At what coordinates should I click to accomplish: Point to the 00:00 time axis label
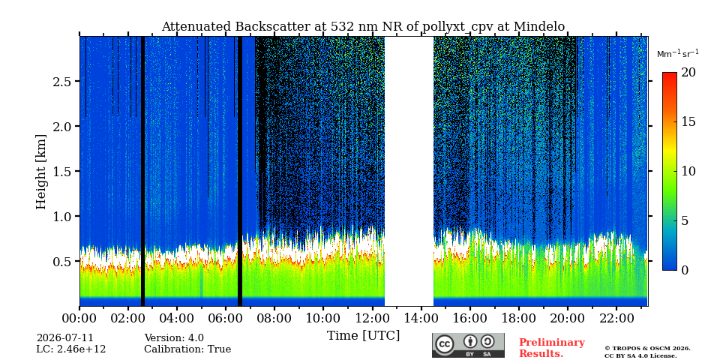pyautogui.click(x=80, y=318)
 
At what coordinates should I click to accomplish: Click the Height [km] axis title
pyautogui.click(x=41, y=172)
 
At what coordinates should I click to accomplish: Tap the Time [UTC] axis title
pyautogui.click(x=363, y=336)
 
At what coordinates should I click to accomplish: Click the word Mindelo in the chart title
pyautogui.click(x=539, y=27)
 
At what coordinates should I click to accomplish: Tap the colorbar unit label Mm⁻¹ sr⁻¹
pyautogui.click(x=678, y=53)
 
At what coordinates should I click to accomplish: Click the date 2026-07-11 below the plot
pyautogui.click(x=64, y=338)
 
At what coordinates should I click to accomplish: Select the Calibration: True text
pyautogui.click(x=187, y=349)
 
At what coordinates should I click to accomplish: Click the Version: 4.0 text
pyautogui.click(x=174, y=338)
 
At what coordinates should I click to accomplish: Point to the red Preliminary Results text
pyautogui.click(x=552, y=348)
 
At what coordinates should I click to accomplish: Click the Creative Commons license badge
pyautogui.click(x=468, y=345)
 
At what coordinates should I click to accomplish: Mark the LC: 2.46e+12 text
pyautogui.click(x=71, y=349)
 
